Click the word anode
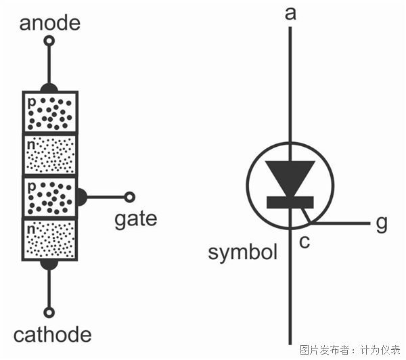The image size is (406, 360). click(x=49, y=24)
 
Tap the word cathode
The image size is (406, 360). click(x=52, y=335)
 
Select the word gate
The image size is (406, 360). click(x=135, y=219)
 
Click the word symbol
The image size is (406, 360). click(x=243, y=253)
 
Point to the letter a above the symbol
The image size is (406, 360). click(x=291, y=14)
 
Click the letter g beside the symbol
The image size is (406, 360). click(x=382, y=223)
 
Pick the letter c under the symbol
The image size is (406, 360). click(x=304, y=241)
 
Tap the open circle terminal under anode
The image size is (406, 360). click(x=49, y=41)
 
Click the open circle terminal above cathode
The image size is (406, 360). click(x=49, y=313)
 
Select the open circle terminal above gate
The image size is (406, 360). click(x=129, y=197)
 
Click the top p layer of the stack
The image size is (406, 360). click(x=50, y=112)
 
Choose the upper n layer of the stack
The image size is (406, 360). click(x=50, y=154)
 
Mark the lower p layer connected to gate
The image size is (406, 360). click(x=50, y=197)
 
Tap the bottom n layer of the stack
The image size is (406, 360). click(x=50, y=239)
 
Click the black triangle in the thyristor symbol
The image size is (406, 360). click(x=290, y=175)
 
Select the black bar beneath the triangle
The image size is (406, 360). click(x=290, y=202)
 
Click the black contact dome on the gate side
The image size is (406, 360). click(x=81, y=197)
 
